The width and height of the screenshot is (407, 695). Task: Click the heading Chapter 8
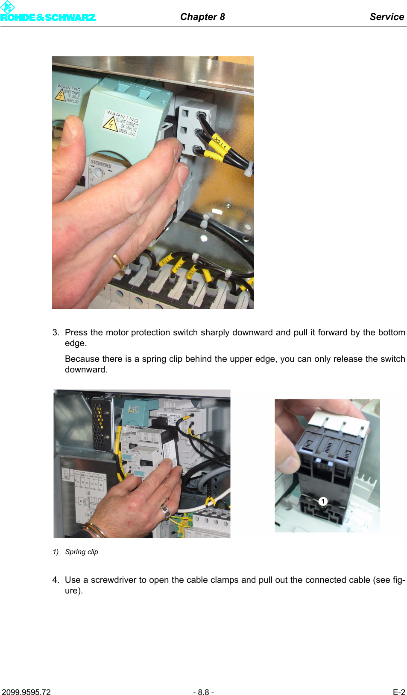[202, 17]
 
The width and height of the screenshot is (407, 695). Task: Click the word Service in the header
[387, 17]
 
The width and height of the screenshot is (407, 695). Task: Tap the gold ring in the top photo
[119, 262]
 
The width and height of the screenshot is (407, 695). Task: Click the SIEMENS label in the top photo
[101, 163]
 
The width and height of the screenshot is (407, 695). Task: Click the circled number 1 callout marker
[323, 501]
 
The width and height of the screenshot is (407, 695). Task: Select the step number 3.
[56, 332]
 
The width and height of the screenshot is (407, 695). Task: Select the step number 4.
[56, 580]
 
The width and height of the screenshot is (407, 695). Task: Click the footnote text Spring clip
[82, 552]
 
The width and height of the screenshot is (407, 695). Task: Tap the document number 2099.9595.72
[26, 692]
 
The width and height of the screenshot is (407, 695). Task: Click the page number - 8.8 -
[203, 692]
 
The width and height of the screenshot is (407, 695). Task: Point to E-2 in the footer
[399, 692]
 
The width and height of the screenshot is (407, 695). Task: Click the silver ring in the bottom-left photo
[165, 510]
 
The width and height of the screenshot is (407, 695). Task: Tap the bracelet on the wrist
[95, 530]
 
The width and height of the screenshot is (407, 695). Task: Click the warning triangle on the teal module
[110, 123]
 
